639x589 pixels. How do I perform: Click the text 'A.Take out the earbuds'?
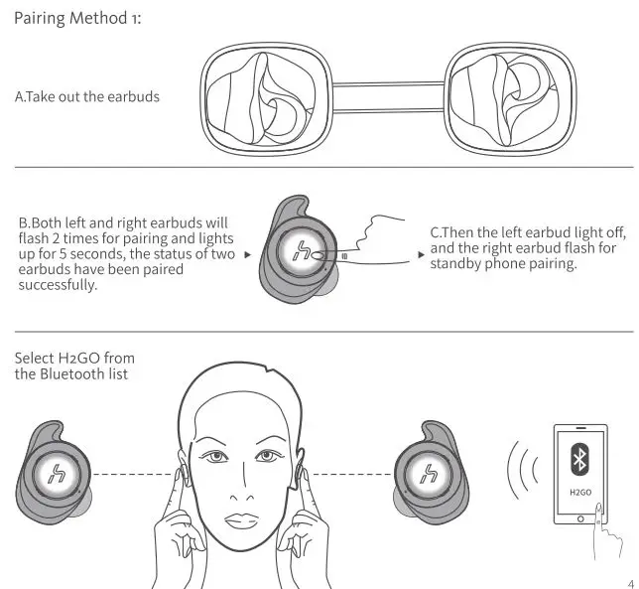(87, 97)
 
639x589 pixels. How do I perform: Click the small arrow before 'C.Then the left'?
(422, 255)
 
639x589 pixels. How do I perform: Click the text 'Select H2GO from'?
(75, 357)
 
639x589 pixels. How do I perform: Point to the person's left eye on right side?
(271, 458)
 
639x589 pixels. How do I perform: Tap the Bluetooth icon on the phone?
(579, 460)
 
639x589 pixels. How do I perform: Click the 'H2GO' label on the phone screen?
(579, 491)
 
